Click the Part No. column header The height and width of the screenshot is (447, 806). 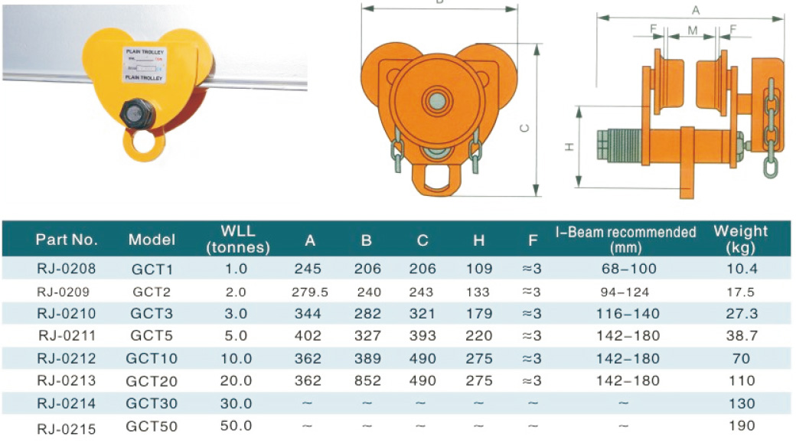click(x=67, y=240)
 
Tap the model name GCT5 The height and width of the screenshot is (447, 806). click(x=145, y=335)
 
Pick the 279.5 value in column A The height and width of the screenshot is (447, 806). click(x=310, y=292)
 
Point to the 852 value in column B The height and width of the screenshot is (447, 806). click(x=366, y=380)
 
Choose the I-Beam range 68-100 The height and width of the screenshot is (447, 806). click(x=625, y=269)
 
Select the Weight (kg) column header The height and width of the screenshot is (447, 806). click(x=740, y=239)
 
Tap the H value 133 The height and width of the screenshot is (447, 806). click(x=478, y=292)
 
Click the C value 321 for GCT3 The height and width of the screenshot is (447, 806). click(x=423, y=314)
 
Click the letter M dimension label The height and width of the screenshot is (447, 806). click(x=692, y=31)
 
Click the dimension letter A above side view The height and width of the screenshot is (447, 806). click(x=695, y=9)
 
